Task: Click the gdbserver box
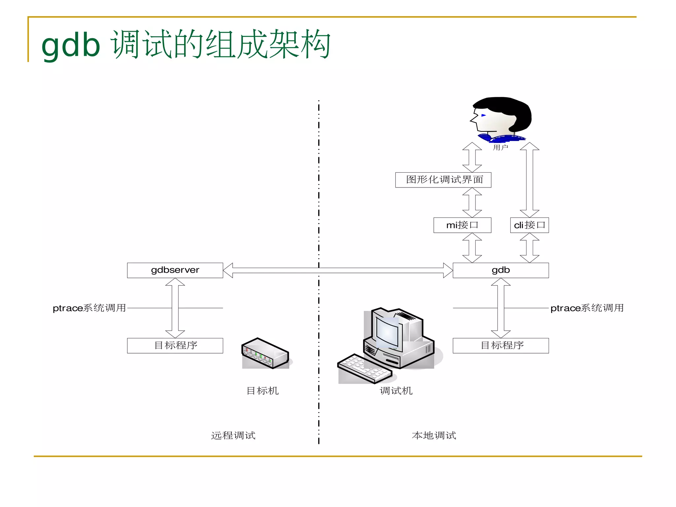tap(175, 270)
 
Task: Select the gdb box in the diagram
tap(500, 270)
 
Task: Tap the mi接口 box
tap(462, 225)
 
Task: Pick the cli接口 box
tap(529, 225)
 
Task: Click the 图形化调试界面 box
tap(443, 180)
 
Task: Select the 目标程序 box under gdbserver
tap(175, 346)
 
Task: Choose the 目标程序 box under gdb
tap(500, 346)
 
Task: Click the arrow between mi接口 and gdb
tap(472, 248)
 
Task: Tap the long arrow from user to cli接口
tap(529, 180)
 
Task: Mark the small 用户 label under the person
tap(500, 148)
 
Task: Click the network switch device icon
tap(265, 354)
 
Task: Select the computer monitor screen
tap(388, 331)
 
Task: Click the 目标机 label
tap(263, 391)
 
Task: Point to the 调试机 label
tap(396, 391)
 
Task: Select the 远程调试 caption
tap(233, 436)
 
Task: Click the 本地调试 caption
tap(434, 436)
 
